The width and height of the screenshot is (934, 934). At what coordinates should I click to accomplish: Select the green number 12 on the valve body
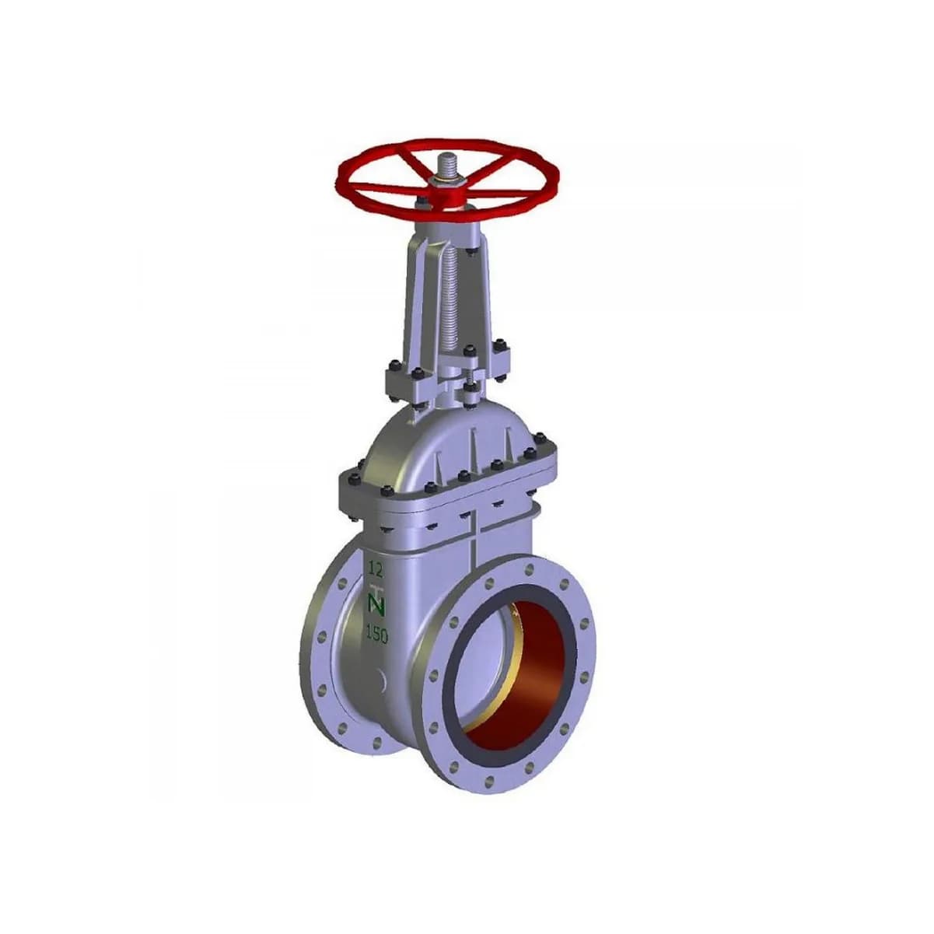click(x=375, y=569)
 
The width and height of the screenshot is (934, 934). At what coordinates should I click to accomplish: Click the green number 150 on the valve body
click(x=376, y=634)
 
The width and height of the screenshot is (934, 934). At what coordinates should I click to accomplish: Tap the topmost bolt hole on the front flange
click(x=530, y=568)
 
